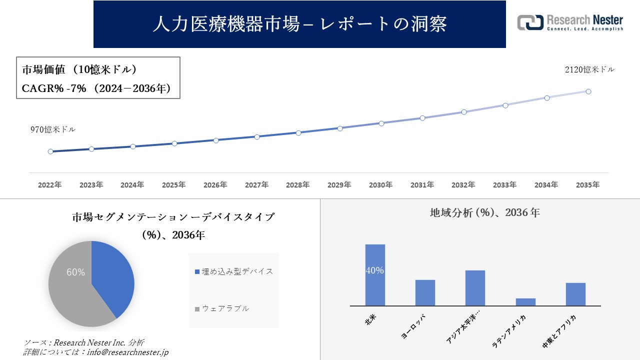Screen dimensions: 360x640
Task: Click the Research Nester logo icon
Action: (x=530, y=22)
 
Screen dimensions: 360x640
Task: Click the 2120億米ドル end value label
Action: (x=589, y=70)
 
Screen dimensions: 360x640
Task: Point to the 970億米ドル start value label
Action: (x=53, y=129)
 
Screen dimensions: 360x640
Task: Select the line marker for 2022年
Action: (x=50, y=151)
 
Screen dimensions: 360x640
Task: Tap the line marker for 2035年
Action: (x=588, y=91)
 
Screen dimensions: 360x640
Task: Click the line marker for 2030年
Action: (x=381, y=123)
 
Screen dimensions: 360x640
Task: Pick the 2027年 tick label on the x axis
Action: (x=256, y=185)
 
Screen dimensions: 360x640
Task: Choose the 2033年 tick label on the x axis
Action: (x=504, y=185)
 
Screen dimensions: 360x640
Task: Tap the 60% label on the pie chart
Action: (x=75, y=272)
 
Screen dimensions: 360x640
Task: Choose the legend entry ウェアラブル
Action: (x=225, y=308)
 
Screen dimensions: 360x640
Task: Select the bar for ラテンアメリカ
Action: (x=525, y=302)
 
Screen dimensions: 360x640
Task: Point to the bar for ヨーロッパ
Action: (x=425, y=292)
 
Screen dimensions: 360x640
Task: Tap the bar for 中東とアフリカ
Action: (x=575, y=294)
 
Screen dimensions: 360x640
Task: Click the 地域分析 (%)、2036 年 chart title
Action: (x=484, y=212)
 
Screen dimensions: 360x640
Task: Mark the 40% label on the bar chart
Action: (x=375, y=270)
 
